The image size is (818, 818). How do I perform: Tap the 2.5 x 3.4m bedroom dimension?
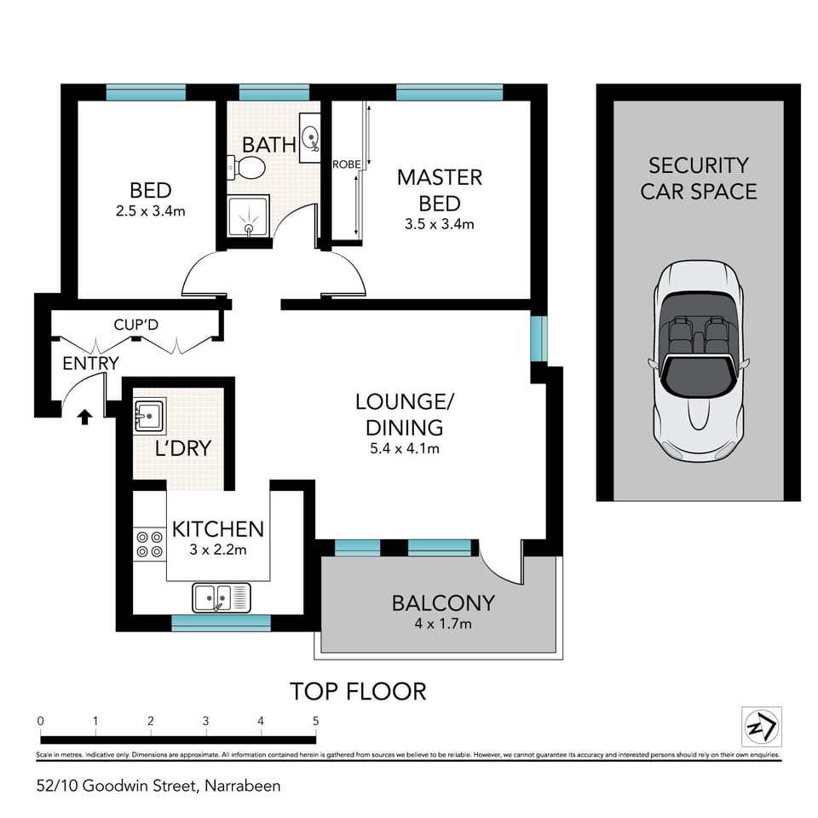pyautogui.click(x=150, y=210)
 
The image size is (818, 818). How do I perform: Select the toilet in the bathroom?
pyautogui.click(x=250, y=167)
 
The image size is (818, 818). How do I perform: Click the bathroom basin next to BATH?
pyautogui.click(x=312, y=139)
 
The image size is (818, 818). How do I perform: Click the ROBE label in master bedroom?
pyautogui.click(x=346, y=164)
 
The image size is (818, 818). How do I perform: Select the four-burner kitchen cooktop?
pyautogui.click(x=150, y=544)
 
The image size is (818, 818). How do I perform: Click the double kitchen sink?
pyautogui.click(x=220, y=597)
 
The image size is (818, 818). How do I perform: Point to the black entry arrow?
pyautogui.click(x=84, y=416)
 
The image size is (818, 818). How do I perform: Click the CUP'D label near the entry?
pyautogui.click(x=136, y=325)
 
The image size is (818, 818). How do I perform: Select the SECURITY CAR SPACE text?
pyautogui.click(x=699, y=178)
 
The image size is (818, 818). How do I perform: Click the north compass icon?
pyautogui.click(x=758, y=726)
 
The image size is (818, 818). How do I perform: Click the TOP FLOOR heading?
pyautogui.click(x=358, y=690)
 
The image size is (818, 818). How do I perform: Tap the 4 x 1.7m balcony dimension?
pyautogui.click(x=443, y=624)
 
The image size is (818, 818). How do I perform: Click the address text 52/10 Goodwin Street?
pyautogui.click(x=158, y=785)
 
